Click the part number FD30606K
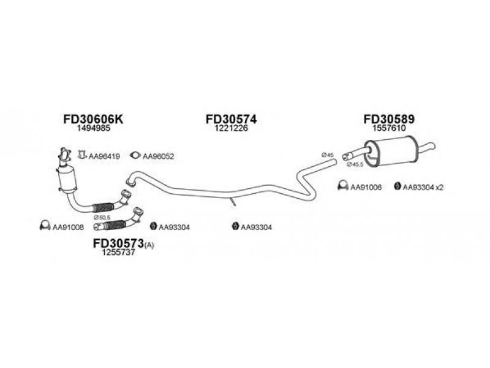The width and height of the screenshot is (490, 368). pyautogui.click(x=93, y=119)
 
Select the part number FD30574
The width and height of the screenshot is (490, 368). pyautogui.click(x=232, y=119)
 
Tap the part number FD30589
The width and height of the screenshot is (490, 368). pyautogui.click(x=389, y=119)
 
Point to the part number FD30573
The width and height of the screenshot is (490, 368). pyautogui.click(x=118, y=243)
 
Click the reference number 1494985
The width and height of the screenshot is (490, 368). pyautogui.click(x=94, y=128)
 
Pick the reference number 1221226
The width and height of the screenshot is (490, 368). pyautogui.click(x=232, y=128)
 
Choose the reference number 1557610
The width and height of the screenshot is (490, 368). pyautogui.click(x=389, y=128)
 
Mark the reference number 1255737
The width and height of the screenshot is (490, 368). pyautogui.click(x=119, y=253)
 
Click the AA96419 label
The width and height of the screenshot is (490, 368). pyautogui.click(x=104, y=156)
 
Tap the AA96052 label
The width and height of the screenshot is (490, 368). pyautogui.click(x=158, y=156)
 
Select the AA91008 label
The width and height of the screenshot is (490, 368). pyautogui.click(x=68, y=227)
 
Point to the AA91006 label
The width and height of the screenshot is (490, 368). pyautogui.click(x=366, y=187)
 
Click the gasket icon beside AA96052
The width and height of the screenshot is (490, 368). pyautogui.click(x=135, y=155)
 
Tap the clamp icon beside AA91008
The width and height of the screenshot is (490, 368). pyautogui.click(x=45, y=226)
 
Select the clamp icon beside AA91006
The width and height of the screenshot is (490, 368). pyautogui.click(x=343, y=186)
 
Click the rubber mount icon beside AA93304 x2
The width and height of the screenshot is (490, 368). pyautogui.click(x=397, y=186)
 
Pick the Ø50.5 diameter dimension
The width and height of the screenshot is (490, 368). pyautogui.click(x=100, y=217)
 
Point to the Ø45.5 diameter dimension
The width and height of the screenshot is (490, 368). pyautogui.click(x=355, y=164)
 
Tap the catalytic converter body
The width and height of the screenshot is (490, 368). pyautogui.click(x=67, y=179)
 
